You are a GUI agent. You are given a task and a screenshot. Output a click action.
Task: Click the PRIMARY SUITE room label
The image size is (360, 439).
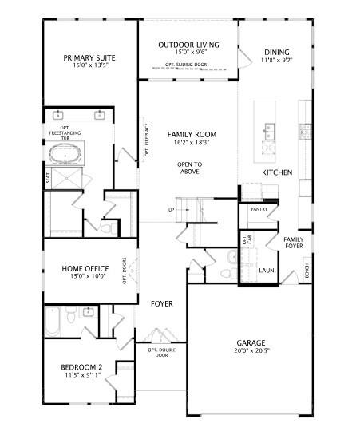[89, 57]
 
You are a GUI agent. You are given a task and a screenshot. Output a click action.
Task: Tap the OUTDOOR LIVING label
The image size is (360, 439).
[188, 45]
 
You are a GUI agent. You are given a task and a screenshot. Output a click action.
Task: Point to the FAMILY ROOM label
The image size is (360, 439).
[192, 135]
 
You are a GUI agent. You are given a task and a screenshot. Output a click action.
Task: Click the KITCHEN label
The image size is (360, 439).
[277, 172]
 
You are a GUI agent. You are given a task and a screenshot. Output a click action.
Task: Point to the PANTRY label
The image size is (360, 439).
[259, 208]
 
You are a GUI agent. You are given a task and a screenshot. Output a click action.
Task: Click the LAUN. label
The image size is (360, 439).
[267, 271]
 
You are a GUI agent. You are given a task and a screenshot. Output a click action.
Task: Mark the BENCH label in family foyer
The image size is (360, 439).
[307, 272]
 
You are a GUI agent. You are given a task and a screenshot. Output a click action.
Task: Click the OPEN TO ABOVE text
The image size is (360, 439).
[190, 168]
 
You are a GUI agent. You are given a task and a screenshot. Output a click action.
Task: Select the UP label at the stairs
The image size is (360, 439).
[171, 210]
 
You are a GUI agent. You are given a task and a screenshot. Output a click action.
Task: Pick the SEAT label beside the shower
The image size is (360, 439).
[48, 179]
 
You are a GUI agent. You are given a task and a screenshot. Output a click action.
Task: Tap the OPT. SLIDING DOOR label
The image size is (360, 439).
[187, 65]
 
